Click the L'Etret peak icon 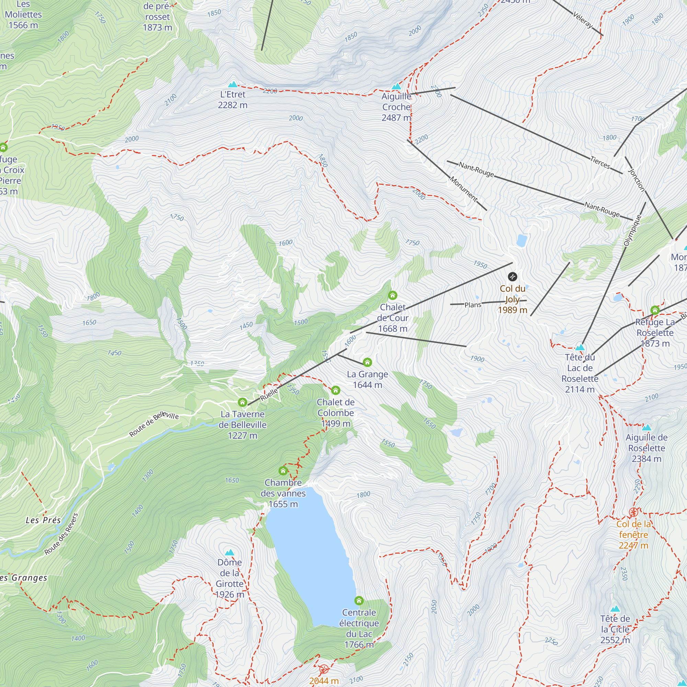tap(233, 84)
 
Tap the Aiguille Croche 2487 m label tap(396, 107)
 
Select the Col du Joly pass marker tap(513, 276)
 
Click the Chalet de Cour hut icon tap(393, 295)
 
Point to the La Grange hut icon tap(367, 362)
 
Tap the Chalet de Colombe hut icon tap(336, 390)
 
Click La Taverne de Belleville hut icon tap(243, 402)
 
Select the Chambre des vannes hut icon tap(283, 471)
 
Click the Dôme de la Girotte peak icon tap(230, 552)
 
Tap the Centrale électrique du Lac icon tap(359, 600)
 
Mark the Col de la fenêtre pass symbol tap(633, 512)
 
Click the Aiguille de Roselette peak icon tap(646, 427)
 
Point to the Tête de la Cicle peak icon tap(615, 609)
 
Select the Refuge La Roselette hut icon tap(655, 310)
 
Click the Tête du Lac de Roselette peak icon tap(580, 347)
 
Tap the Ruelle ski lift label tap(269, 394)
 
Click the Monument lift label tap(464, 189)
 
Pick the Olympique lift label tap(633, 230)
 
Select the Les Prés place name tap(43, 520)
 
